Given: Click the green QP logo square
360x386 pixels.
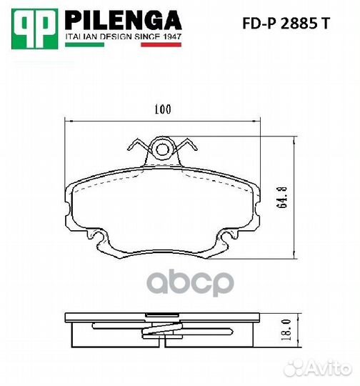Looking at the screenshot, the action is (35, 29).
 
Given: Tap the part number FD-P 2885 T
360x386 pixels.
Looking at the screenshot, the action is (286, 24).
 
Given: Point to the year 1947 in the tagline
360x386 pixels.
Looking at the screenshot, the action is (172, 36).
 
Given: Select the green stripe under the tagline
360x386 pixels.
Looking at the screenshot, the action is (84, 44).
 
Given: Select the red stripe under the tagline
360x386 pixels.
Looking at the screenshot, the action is (161, 44).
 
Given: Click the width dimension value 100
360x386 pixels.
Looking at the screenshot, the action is (163, 109).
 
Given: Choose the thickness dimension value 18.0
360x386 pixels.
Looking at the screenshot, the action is (287, 330).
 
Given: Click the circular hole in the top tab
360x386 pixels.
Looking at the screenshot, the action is (163, 149).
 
